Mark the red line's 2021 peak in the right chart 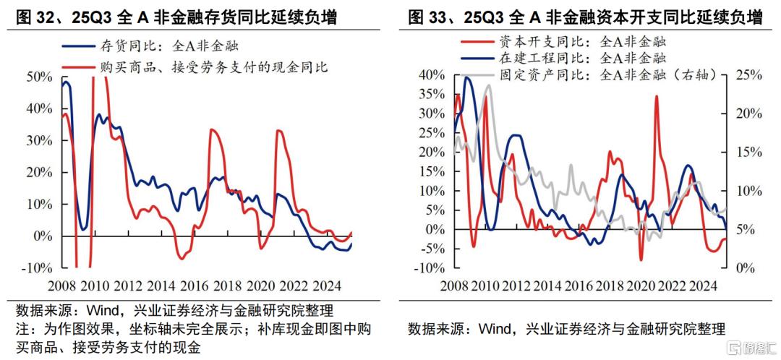[x=656, y=96]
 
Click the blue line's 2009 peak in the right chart [x=467, y=77]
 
